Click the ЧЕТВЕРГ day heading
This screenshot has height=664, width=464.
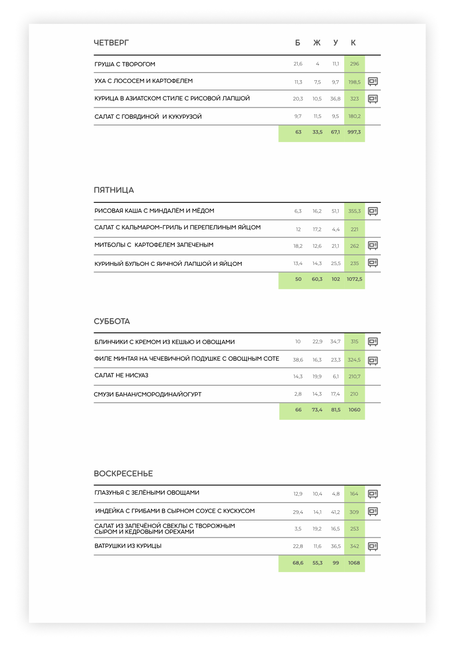pos(111,43)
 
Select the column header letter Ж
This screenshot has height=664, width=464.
pos(317,43)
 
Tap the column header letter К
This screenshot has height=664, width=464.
pos(353,43)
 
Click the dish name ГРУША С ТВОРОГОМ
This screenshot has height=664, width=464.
pos(125,64)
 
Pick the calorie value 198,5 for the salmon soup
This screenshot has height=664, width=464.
pos(354,82)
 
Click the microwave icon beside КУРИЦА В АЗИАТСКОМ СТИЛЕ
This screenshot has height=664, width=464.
pos(373,99)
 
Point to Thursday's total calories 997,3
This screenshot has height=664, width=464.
pos(354,132)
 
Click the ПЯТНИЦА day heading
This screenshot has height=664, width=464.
pos(114,190)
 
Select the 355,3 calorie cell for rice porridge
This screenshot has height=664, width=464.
pos(354,211)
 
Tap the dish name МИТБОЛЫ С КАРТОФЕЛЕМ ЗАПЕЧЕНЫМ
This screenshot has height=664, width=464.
pos(154,245)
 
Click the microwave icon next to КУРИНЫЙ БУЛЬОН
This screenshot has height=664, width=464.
pos(373,263)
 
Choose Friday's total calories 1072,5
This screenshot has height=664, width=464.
pos(354,279)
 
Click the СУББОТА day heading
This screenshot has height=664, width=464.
pos(112,322)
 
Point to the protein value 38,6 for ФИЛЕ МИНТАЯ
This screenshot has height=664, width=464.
pos(298,360)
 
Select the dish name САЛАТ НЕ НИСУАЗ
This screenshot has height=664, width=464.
pos(121,376)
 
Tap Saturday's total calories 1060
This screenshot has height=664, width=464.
pos(354,410)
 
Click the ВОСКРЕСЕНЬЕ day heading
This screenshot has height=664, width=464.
pos(123,474)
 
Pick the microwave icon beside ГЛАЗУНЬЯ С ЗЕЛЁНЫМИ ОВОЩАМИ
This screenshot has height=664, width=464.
pos(373,494)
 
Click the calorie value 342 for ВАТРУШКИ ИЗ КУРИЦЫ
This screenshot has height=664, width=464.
pos(354,546)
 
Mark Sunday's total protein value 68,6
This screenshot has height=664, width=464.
pos(298,563)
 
